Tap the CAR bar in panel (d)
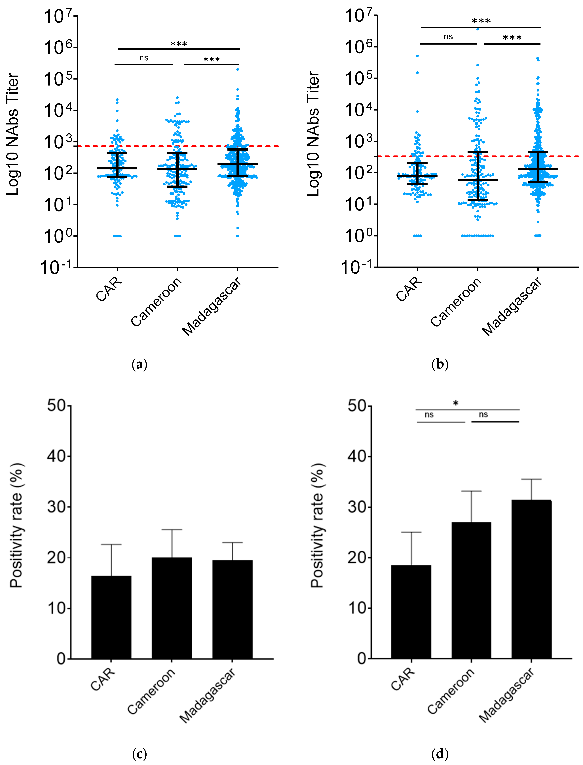pyautogui.click(x=411, y=612)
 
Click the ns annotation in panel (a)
pyautogui.click(x=144, y=58)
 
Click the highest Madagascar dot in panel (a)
pyautogui.click(x=238, y=69)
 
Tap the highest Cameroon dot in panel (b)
pyautogui.click(x=478, y=29)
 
